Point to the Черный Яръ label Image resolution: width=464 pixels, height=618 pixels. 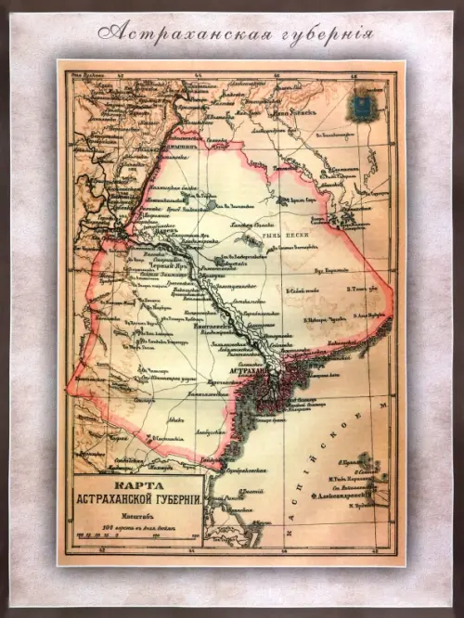(x=150, y=264)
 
